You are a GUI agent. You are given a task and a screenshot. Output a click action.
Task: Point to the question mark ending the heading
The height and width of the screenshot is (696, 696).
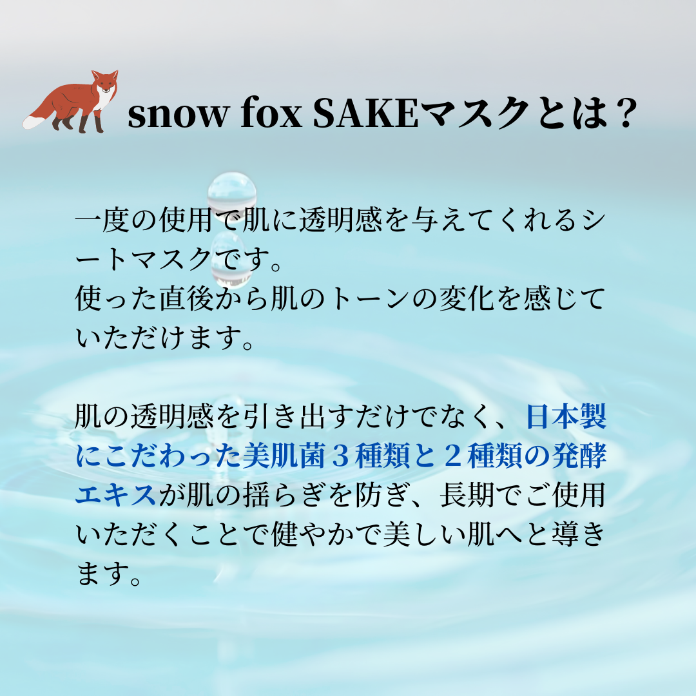(x=624, y=113)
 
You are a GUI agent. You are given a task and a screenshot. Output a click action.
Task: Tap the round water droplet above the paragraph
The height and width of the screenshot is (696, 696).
(x=232, y=193)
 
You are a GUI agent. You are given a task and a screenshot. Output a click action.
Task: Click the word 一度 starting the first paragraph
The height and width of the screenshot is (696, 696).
(x=102, y=220)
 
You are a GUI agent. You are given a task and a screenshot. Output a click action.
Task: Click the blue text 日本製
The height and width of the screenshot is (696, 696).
(x=566, y=417)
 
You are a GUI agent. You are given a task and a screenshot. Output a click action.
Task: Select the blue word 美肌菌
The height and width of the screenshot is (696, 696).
(x=284, y=456)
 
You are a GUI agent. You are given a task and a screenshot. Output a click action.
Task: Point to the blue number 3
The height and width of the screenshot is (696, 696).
(x=340, y=456)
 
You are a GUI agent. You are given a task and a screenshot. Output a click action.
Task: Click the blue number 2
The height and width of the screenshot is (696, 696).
(x=453, y=456)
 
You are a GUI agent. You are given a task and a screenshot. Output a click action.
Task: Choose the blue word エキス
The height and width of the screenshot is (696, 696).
(x=116, y=494)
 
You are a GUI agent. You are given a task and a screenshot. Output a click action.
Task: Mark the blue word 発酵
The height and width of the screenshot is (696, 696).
(x=579, y=456)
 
